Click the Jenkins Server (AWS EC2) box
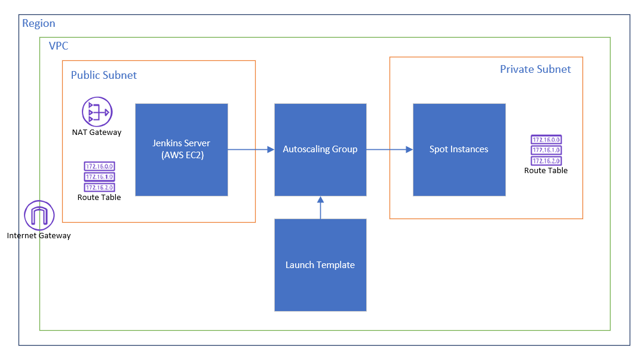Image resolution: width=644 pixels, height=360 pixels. pos(181,149)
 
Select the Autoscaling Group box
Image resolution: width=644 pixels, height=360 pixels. pos(320,149)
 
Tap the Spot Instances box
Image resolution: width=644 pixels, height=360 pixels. pos(459,149)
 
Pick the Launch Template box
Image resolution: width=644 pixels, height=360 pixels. pos(320,264)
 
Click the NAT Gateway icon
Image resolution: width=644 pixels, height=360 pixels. pos(97,112)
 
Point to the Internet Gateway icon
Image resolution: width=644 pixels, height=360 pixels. pos(39,216)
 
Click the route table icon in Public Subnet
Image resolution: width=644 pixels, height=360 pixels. pos(99,177)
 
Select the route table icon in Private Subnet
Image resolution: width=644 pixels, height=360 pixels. pos(546,150)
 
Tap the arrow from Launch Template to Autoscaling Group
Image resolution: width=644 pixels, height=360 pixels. pos(320,207)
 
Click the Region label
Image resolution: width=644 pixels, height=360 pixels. pos(39,24)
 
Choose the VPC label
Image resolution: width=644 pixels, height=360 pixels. pos(59,46)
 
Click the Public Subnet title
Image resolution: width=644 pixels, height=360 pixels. pos(104,75)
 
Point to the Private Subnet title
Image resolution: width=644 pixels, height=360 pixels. pos(535,69)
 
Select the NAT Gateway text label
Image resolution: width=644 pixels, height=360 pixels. pos(97,133)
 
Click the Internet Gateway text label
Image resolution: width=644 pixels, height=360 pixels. pos(39,236)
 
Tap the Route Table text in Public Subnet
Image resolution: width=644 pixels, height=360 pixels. pos(99,197)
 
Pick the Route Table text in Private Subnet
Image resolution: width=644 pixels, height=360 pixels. pos(546,171)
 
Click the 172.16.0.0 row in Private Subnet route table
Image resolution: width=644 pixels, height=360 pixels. pos(546,140)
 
